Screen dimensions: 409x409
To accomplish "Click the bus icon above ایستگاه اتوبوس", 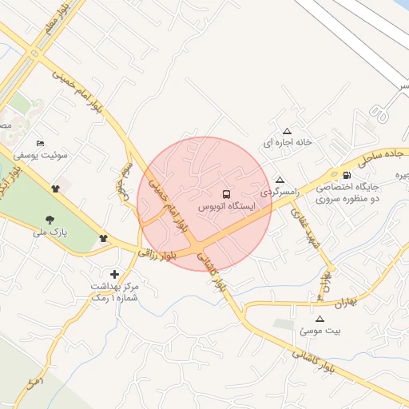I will [227, 194].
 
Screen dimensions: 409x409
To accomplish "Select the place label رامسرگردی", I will [280, 193].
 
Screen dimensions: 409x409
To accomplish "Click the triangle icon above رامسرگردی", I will [279, 181].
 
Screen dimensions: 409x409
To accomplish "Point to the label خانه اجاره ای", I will [286, 143].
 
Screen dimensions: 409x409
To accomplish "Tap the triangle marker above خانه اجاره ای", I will [287, 131].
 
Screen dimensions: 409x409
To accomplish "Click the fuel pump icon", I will [345, 176].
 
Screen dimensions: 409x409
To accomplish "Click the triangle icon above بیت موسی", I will [320, 318].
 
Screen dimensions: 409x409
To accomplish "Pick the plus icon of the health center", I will [114, 273].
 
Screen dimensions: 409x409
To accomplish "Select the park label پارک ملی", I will [47, 232].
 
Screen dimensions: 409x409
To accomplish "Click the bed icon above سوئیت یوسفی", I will [41, 143].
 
